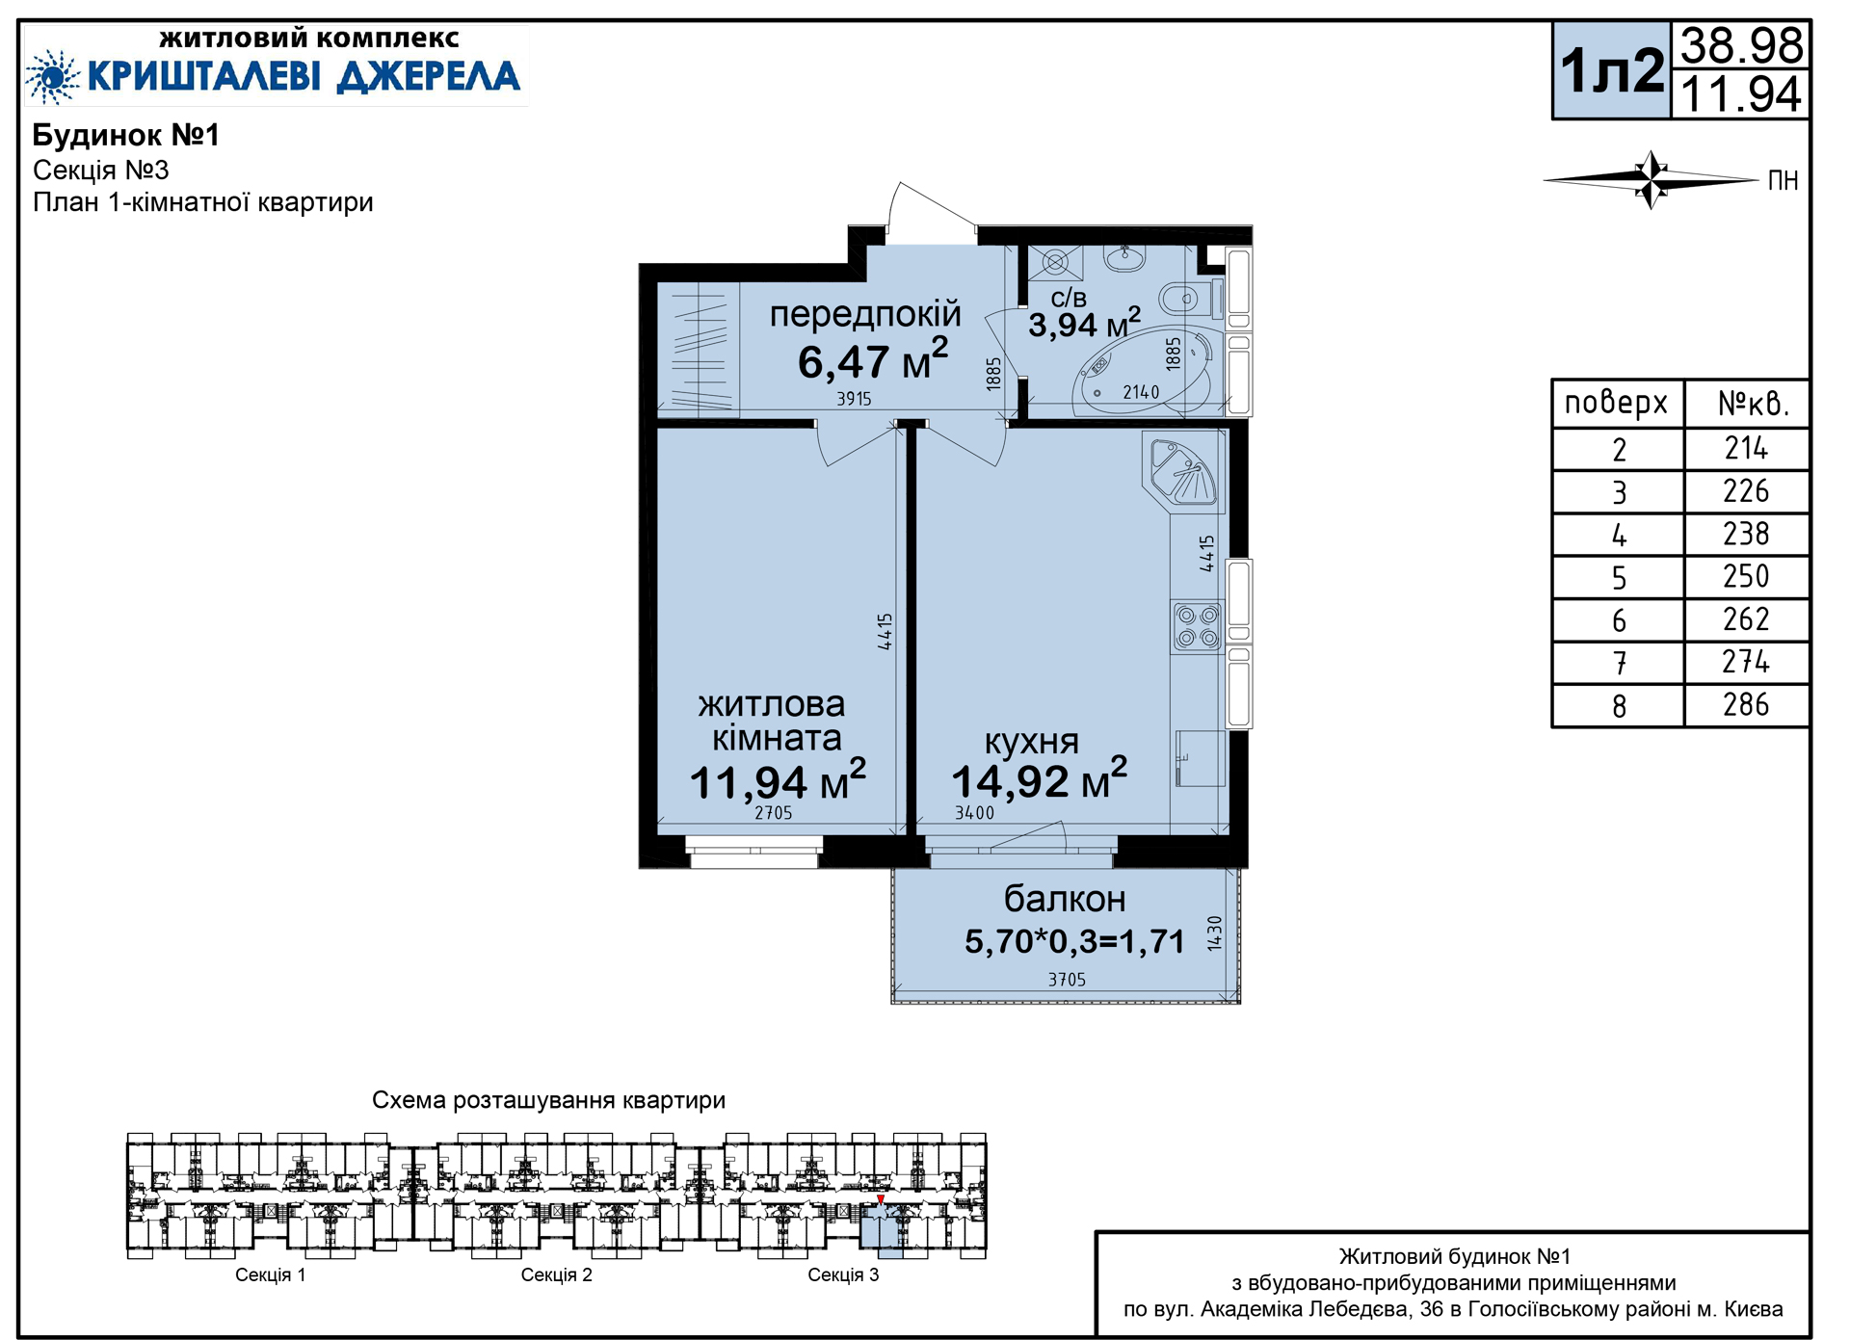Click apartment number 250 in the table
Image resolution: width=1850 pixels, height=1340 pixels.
(1746, 576)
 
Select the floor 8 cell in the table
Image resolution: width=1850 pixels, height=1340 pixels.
(1619, 706)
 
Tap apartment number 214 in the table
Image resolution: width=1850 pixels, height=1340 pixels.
(1746, 448)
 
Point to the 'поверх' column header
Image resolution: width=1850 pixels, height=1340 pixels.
(1616, 403)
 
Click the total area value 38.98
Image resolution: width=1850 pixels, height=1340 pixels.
(1741, 45)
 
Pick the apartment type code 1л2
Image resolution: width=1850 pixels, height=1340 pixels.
(1612, 70)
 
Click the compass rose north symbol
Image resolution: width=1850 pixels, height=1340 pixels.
(1652, 180)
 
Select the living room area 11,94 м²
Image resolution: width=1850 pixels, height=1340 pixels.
(778, 781)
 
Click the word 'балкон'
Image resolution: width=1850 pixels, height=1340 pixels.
(1065, 899)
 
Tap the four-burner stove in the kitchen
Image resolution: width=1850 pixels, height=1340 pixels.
(1198, 626)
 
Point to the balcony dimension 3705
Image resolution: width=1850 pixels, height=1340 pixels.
(1067, 980)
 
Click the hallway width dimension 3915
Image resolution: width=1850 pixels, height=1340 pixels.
(854, 399)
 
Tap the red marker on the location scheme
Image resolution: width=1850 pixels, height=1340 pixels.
(881, 1200)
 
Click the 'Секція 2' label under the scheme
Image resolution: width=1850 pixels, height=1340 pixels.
(557, 1275)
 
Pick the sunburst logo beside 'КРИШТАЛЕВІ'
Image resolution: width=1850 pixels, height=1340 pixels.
(52, 76)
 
